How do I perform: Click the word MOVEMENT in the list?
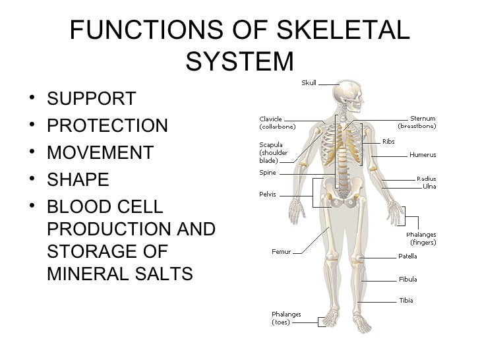coord(100,153)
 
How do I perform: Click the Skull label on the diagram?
coord(309,82)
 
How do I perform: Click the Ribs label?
coord(389,140)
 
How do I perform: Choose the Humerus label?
coord(422,155)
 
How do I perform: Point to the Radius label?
coord(426,179)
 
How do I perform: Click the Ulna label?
coord(429,187)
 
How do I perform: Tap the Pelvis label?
coord(268,195)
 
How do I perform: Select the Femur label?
coord(280,251)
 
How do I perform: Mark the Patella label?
coord(407,256)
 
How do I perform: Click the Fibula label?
coord(407,279)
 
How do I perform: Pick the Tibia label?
coord(406,301)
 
